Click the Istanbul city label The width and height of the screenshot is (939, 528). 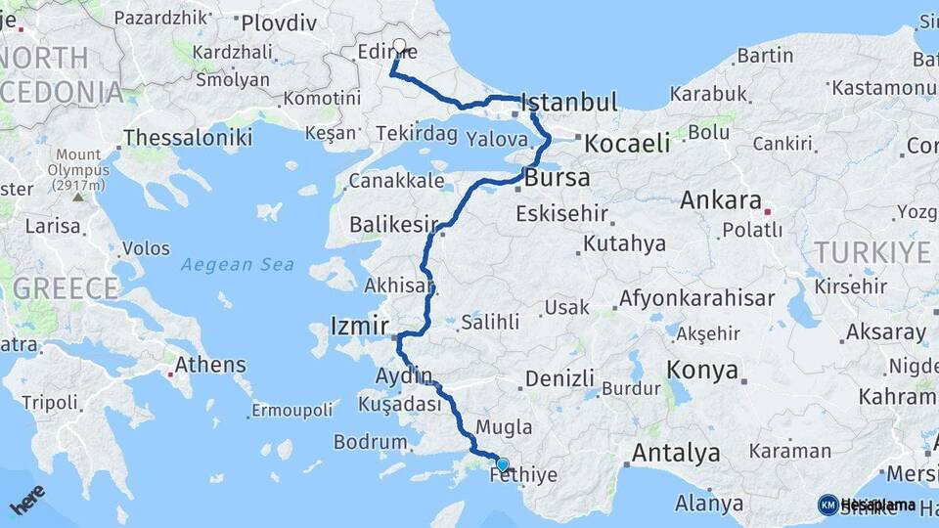point(570,103)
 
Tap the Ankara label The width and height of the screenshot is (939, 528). point(721,200)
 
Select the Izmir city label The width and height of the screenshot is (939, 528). point(361,325)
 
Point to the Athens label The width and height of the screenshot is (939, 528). point(210,365)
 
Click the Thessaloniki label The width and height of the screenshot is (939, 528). point(188,137)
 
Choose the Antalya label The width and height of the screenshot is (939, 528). point(676,453)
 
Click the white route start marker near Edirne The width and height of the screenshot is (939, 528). point(399,45)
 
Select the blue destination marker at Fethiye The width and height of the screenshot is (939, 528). point(502,464)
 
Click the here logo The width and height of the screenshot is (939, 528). point(27,501)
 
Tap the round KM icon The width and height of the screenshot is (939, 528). point(827,505)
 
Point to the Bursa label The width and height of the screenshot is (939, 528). point(558,178)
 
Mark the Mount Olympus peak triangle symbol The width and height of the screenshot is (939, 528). point(78,196)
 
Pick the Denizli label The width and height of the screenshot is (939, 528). point(559,378)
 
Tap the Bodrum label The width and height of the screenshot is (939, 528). point(370,442)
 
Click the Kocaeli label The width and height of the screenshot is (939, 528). point(627,144)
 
